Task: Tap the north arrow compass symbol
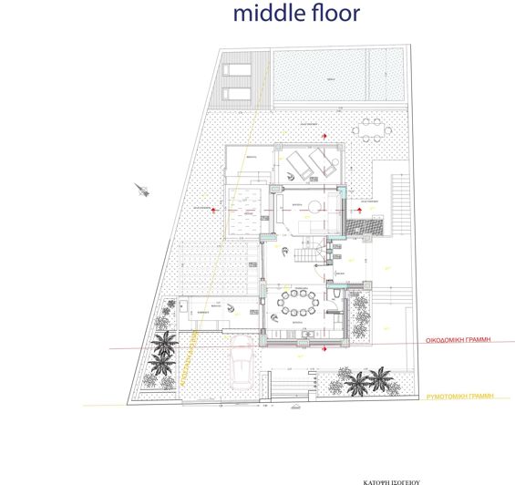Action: (141, 189)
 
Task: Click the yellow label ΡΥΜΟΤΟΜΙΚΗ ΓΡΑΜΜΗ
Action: (465, 397)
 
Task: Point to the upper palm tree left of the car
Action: (166, 343)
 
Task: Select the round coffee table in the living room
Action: (313, 203)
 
